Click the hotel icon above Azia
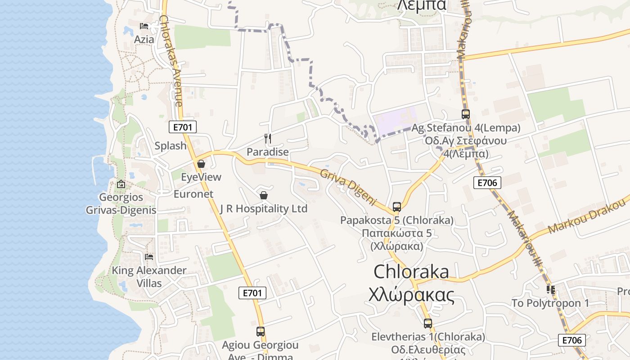click(144, 26)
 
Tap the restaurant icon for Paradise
click(268, 138)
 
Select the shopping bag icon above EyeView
click(201, 164)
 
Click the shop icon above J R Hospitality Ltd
click(264, 195)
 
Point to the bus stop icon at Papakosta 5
click(396, 207)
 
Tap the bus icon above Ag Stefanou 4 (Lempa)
click(465, 114)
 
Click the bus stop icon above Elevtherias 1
click(427, 323)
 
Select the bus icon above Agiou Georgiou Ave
click(260, 332)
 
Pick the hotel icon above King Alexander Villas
click(149, 257)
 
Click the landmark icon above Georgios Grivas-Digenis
click(121, 184)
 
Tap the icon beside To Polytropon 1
click(550, 289)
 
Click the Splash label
click(171, 146)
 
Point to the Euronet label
click(193, 194)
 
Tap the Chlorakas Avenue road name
click(171, 61)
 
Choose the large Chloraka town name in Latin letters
click(411, 272)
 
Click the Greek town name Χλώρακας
click(411, 296)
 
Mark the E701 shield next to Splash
click(183, 127)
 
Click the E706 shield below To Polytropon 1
click(571, 340)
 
